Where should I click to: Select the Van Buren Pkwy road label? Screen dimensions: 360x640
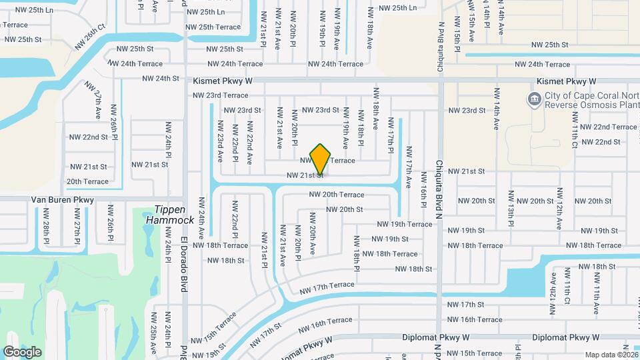[x=63, y=199]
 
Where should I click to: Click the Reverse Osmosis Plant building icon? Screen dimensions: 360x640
[x=534, y=100]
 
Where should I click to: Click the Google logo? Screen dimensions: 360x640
[x=22, y=351]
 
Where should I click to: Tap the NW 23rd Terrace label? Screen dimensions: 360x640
[x=220, y=95]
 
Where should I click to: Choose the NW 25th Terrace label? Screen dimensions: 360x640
[x=213, y=27]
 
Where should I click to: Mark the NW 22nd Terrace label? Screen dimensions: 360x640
[x=608, y=127]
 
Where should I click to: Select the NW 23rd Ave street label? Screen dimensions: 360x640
[x=219, y=143]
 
